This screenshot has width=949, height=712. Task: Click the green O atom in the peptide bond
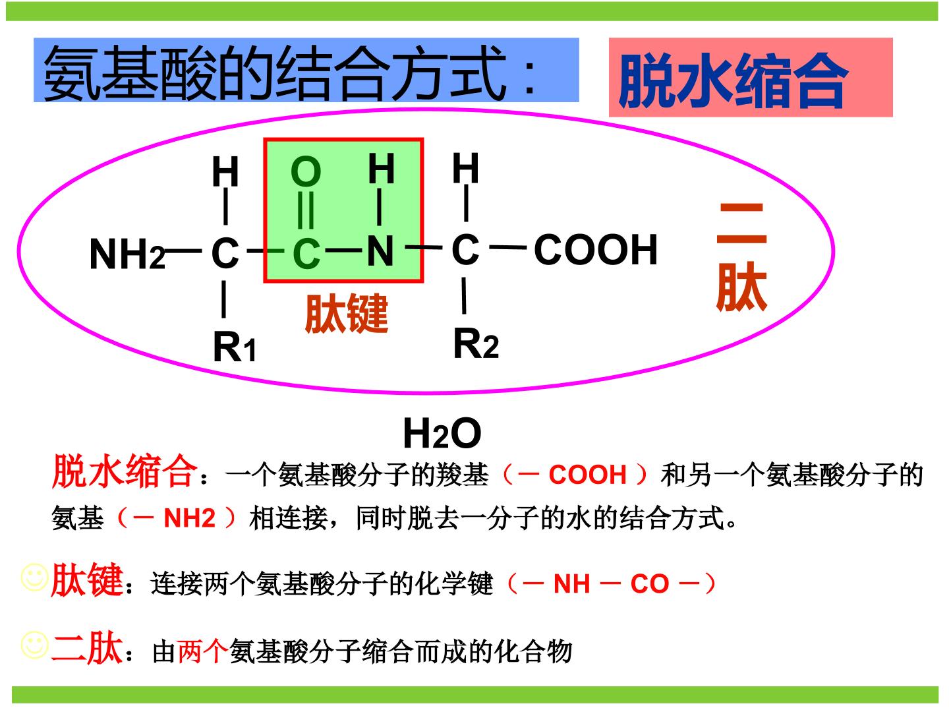coord(306,171)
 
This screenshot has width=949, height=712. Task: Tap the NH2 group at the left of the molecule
coord(127,254)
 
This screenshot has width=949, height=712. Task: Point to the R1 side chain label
coord(235,347)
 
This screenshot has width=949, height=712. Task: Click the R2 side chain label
coord(476,343)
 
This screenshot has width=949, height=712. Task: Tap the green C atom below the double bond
coord(306,254)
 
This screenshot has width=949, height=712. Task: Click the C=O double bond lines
coord(306,210)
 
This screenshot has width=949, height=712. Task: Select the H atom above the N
coord(382,168)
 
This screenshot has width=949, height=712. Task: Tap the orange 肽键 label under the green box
coord(346,313)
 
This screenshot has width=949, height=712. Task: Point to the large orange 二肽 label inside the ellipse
coord(741,257)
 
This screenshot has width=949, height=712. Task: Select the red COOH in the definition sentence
coord(588,474)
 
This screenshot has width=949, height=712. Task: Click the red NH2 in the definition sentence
coord(189,518)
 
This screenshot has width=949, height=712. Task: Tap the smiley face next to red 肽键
coord(34,578)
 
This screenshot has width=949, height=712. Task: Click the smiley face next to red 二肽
coord(34,645)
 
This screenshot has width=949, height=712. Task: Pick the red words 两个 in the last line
coord(202,651)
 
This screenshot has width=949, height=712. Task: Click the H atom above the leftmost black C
coord(225,171)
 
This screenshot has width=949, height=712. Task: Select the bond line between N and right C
coord(424,248)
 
